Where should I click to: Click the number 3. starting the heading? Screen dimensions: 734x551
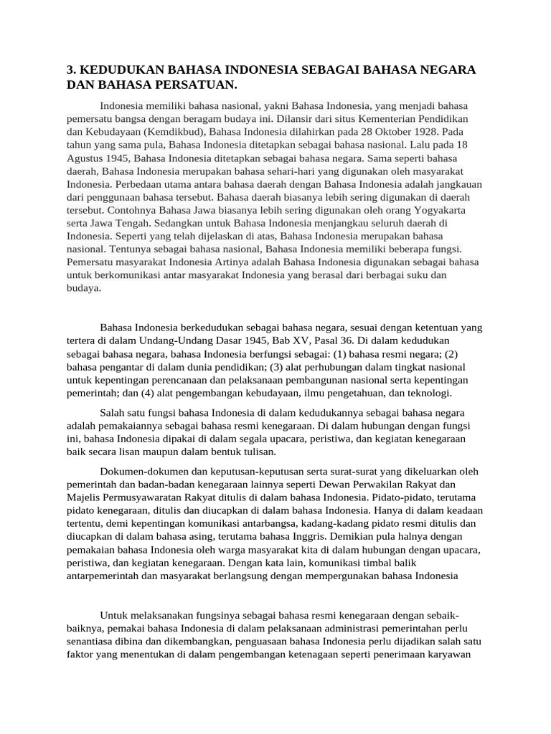pos(71,70)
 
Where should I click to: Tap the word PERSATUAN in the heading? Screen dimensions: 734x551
pos(192,85)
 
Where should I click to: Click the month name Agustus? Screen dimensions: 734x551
pos(89,158)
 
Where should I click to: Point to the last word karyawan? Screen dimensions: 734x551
pos(448,654)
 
